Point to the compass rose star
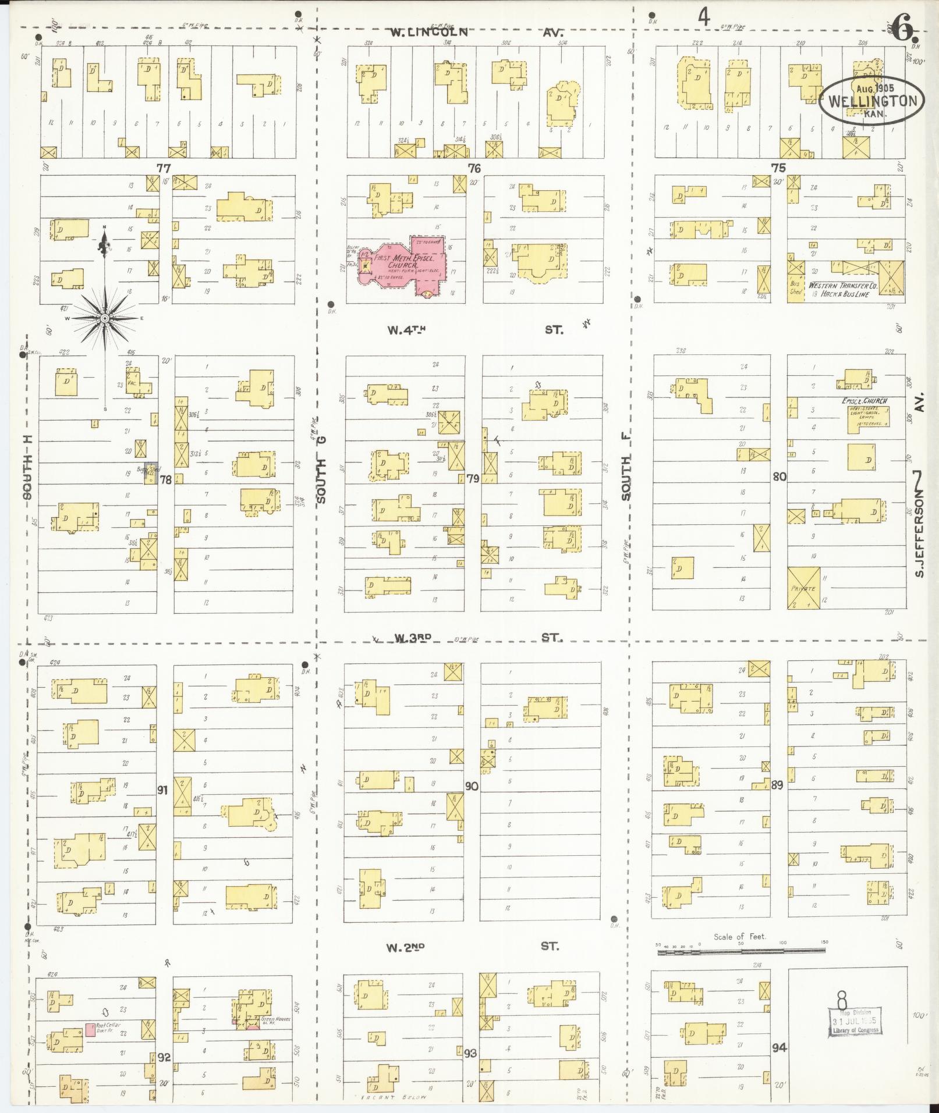point(105,318)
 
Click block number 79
point(473,479)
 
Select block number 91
point(163,790)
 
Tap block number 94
point(779,1048)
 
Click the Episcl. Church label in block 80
point(864,401)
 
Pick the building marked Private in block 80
point(803,588)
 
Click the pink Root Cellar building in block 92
point(90,1029)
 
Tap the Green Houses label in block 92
point(274,1019)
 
